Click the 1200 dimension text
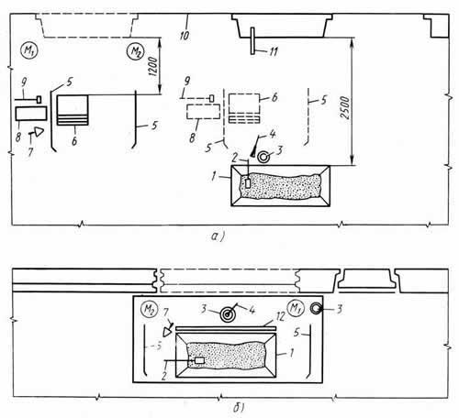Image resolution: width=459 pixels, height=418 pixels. pyautogui.click(x=153, y=66)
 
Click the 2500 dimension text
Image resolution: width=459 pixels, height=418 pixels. pyautogui.click(x=344, y=107)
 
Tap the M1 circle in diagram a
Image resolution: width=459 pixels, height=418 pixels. pyautogui.click(x=28, y=50)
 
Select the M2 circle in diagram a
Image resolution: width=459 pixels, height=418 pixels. pyautogui.click(x=136, y=51)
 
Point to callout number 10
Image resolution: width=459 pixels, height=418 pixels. pyautogui.click(x=184, y=35)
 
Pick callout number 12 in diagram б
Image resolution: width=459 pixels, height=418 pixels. pyautogui.click(x=280, y=315)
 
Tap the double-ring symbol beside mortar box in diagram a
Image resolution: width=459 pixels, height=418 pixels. pyautogui.click(x=263, y=157)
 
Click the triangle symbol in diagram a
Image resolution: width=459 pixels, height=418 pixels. pyautogui.click(x=39, y=132)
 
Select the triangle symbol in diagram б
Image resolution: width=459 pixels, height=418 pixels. pyautogui.click(x=167, y=331)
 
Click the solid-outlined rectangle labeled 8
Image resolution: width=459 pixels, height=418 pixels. pyautogui.click(x=31, y=113)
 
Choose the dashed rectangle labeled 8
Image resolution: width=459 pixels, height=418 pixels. pyautogui.click(x=203, y=112)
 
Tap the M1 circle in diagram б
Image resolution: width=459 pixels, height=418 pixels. pyautogui.click(x=296, y=308)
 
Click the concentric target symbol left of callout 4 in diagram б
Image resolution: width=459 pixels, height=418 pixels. pyautogui.click(x=228, y=313)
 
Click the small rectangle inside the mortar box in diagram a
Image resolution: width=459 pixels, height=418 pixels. pyautogui.click(x=248, y=183)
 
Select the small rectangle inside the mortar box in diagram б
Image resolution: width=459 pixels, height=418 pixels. pyautogui.click(x=200, y=360)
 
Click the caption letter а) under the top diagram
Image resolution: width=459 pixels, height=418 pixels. pyautogui.click(x=218, y=236)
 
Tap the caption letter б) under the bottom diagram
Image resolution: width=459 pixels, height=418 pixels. pyautogui.click(x=239, y=407)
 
